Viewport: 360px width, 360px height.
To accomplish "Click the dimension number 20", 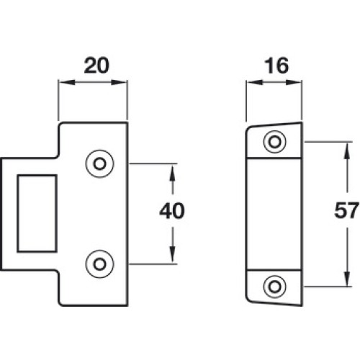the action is [x=96, y=66].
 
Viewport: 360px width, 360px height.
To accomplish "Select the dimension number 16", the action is [x=276, y=66].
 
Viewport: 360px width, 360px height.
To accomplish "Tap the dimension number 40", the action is [x=172, y=211].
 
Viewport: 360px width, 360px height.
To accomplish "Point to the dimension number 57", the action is [x=346, y=211].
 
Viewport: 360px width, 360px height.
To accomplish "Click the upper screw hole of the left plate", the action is [x=99, y=164].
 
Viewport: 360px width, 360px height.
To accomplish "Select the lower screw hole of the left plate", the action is [x=99, y=264].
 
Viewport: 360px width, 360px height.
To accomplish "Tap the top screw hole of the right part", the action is [x=275, y=142].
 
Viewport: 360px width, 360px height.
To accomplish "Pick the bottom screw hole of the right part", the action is [x=275, y=287].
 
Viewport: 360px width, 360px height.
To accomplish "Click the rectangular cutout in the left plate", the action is [x=37, y=214].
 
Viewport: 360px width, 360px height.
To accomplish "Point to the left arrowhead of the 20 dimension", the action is [x=66, y=83].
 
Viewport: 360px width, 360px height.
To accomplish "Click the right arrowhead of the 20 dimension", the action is [x=119, y=83].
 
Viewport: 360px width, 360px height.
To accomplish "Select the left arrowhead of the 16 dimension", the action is [x=254, y=83].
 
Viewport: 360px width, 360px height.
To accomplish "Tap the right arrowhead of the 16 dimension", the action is [x=294, y=83].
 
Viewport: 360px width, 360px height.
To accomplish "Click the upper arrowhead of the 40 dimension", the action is [x=173, y=172].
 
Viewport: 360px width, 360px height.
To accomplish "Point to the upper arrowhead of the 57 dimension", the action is [x=347, y=150].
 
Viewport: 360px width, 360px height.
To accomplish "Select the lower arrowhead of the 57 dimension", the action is [x=347, y=278].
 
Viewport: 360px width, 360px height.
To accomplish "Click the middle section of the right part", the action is [x=274, y=214].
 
